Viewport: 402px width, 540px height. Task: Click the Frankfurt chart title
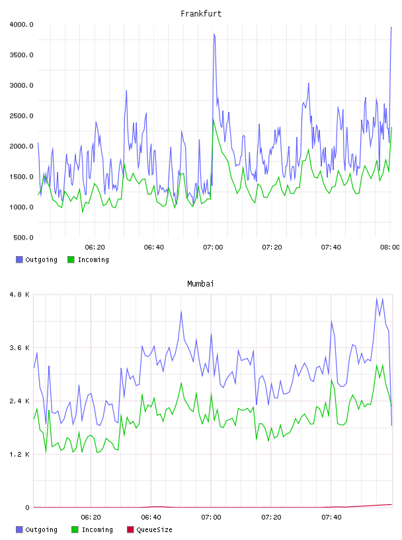coord(201,14)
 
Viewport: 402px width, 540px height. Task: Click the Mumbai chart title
coord(200,284)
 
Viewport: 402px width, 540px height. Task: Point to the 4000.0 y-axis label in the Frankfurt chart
coord(22,24)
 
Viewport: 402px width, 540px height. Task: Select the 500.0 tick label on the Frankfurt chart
coord(23,238)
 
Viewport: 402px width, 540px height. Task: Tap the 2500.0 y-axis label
coord(22,116)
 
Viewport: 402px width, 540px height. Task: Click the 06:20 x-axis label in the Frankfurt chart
coord(95,247)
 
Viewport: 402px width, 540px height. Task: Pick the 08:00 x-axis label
coord(390,247)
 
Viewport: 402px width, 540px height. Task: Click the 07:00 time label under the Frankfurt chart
coord(213,247)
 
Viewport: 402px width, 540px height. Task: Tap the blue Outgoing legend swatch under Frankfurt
coord(19,259)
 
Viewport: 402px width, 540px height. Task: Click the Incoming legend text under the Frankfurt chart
coord(93,259)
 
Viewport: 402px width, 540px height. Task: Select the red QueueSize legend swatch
coord(130,529)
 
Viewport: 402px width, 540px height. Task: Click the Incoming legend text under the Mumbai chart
coord(97,529)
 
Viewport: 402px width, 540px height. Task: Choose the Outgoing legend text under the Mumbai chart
coord(41,529)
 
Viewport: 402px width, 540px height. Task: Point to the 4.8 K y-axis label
coord(20,294)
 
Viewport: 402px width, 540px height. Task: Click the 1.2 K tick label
coord(20,454)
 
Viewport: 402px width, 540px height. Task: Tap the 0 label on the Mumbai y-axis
coord(27,508)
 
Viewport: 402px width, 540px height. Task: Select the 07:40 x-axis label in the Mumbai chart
coord(331,517)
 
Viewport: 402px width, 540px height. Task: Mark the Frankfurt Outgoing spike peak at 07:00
coord(214,34)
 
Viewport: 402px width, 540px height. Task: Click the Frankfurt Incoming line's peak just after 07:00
coord(214,119)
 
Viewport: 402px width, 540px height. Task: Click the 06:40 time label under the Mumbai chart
coord(151,517)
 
